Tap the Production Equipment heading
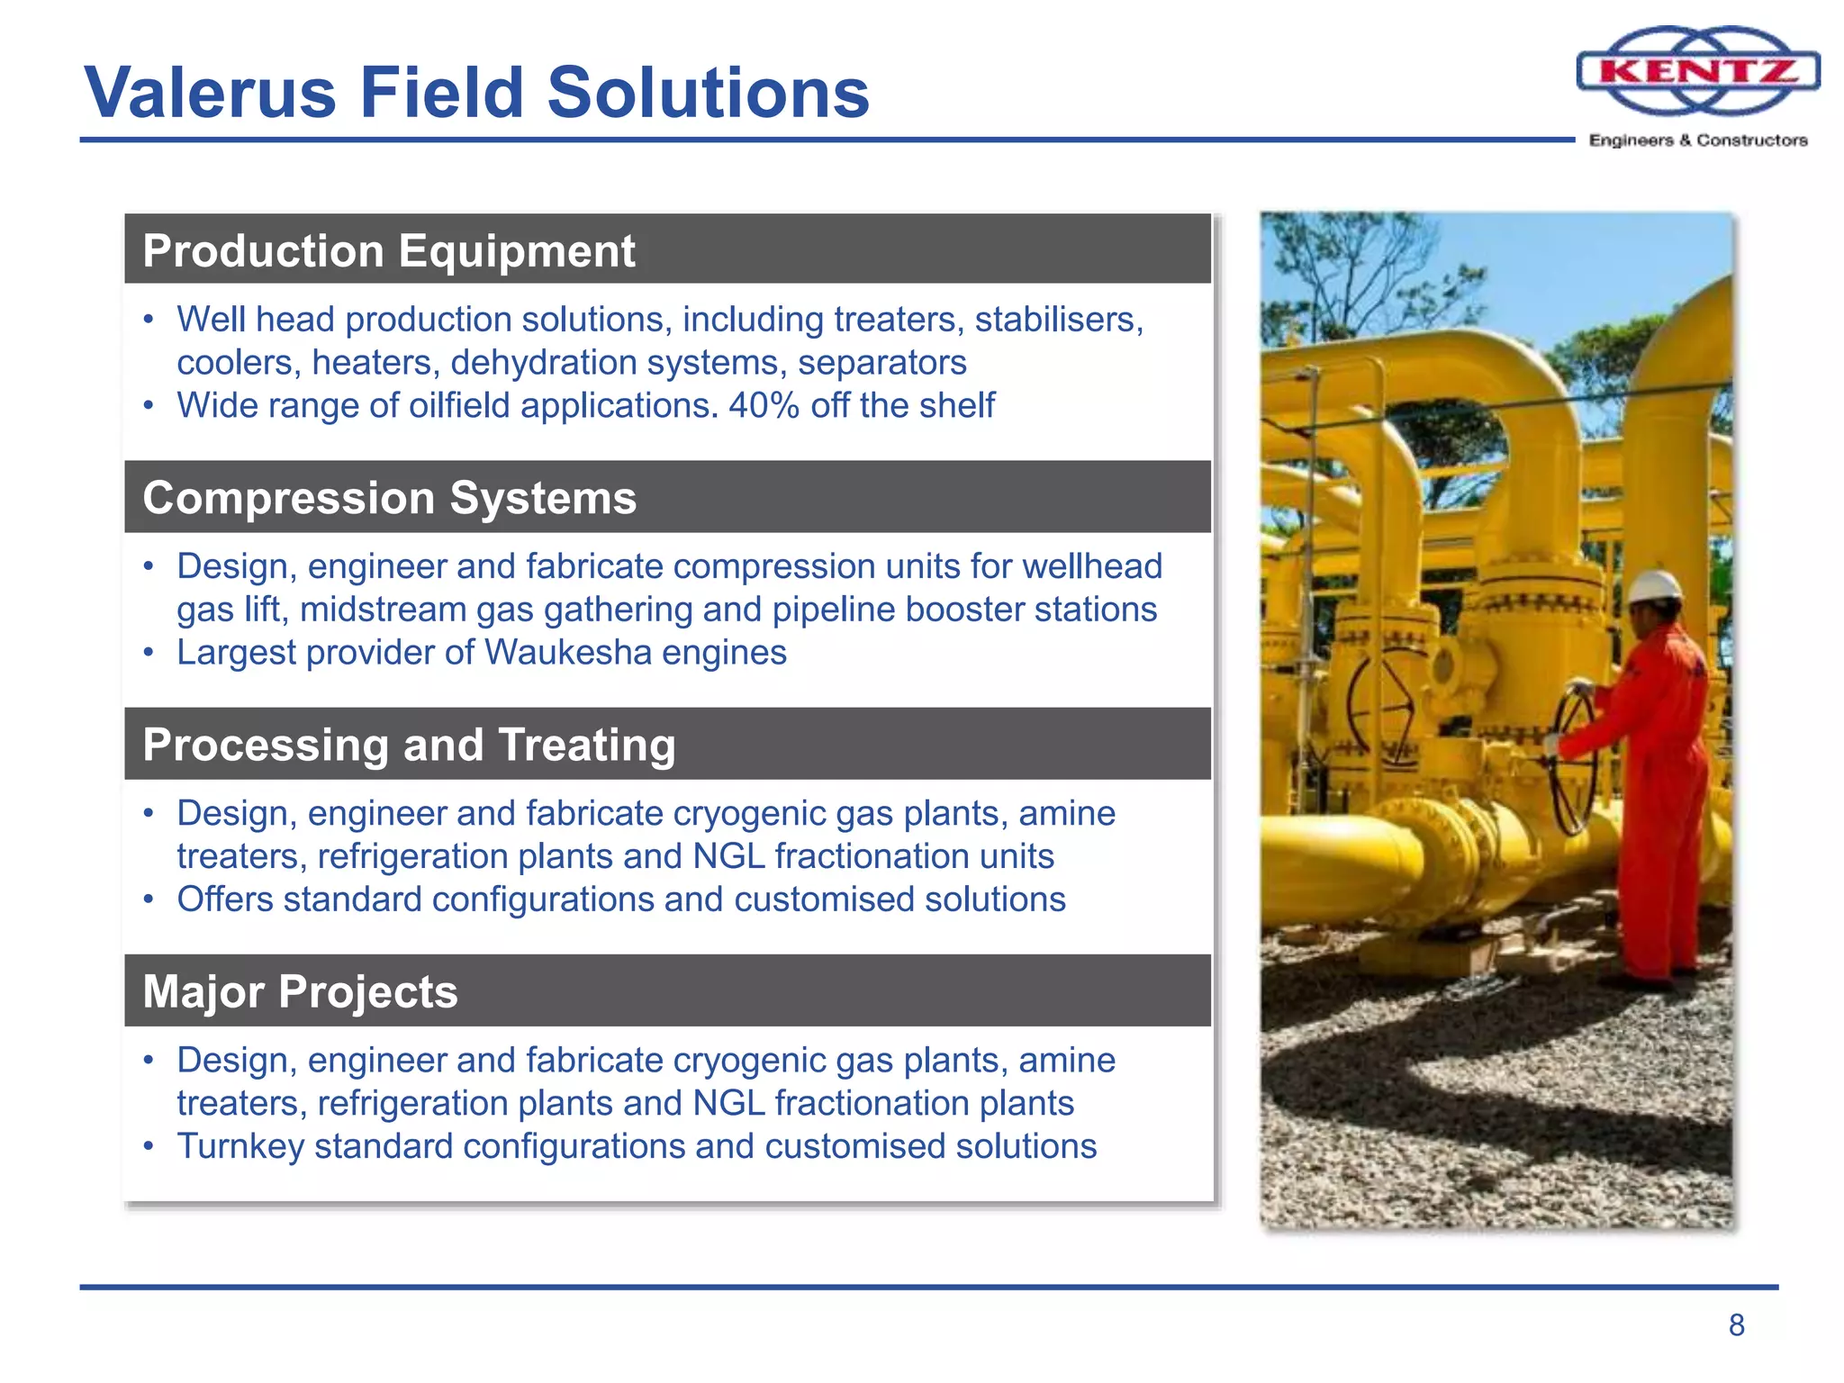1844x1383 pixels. pyautogui.click(x=388, y=250)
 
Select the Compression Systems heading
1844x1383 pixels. pyautogui.click(x=389, y=498)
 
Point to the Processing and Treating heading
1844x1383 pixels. pyautogui.click(x=409, y=746)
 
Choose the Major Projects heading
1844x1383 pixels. pyautogui.click(x=300, y=992)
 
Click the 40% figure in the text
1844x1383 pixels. pyautogui.click(x=764, y=405)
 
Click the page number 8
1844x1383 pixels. pyautogui.click(x=1736, y=1325)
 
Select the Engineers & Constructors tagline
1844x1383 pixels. pyautogui.click(x=1698, y=140)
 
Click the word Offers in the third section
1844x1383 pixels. pyautogui.click(x=224, y=899)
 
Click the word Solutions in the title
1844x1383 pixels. pyautogui.click(x=708, y=93)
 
